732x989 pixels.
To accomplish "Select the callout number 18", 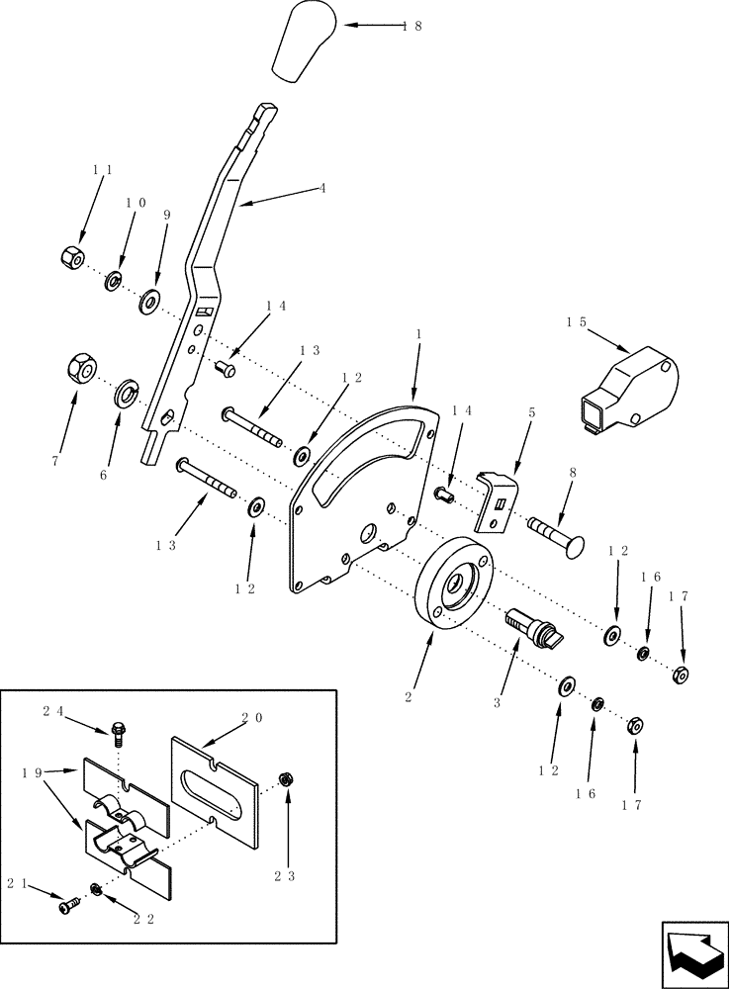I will pos(412,27).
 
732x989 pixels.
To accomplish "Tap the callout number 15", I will pos(577,321).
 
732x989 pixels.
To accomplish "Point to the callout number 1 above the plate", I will pos(418,334).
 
